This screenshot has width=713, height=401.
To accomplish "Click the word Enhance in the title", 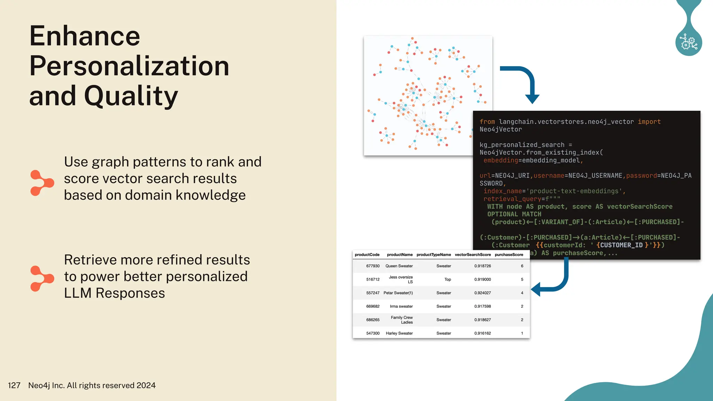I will (x=85, y=36).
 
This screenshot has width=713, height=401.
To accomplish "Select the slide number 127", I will (x=14, y=385).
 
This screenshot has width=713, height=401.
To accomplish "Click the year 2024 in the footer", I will (x=146, y=385).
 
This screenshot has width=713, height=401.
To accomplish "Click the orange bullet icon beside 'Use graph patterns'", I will (x=42, y=183).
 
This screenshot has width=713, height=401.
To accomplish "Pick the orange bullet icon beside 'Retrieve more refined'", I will (x=42, y=278).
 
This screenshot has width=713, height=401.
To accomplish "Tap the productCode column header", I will (x=367, y=255).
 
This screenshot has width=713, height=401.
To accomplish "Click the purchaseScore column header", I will (x=509, y=255).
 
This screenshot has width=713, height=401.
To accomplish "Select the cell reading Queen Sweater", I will (x=399, y=266).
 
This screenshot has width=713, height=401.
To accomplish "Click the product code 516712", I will (x=373, y=280).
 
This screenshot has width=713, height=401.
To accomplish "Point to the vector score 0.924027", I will (x=482, y=293).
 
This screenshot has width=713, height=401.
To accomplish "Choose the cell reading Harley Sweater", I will (x=399, y=333).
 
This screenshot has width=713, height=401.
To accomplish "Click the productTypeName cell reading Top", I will (x=447, y=280).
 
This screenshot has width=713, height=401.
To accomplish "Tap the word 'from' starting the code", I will (x=487, y=122).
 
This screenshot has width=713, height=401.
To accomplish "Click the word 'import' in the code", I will (x=649, y=122).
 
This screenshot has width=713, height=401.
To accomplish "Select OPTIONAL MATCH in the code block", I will (x=514, y=214).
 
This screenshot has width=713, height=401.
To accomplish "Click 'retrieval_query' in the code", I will (x=512, y=199).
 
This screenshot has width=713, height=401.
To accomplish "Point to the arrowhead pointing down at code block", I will (x=532, y=99).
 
